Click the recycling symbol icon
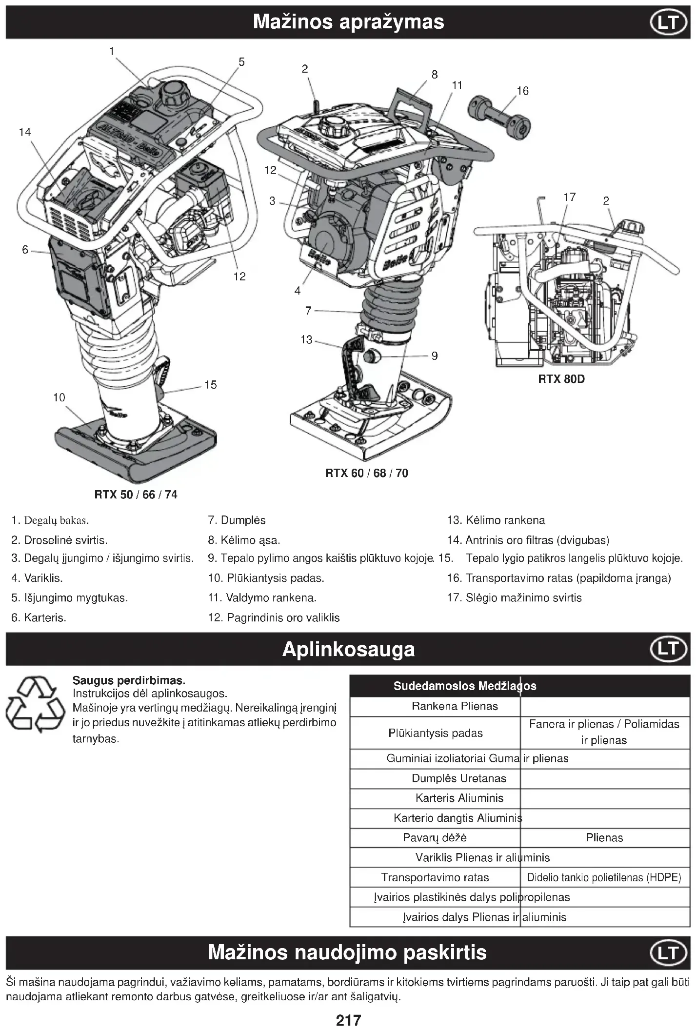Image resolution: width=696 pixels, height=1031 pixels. (35, 704)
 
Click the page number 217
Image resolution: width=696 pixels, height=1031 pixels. (348, 1020)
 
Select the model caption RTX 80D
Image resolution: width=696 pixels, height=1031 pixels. (561, 379)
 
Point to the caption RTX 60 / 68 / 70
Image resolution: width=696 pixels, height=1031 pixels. (366, 473)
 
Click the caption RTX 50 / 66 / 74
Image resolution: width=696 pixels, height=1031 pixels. (136, 495)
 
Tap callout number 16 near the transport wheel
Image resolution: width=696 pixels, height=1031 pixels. (522, 91)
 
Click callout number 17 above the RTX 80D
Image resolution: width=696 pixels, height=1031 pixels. (569, 197)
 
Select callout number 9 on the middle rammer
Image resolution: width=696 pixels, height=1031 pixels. (434, 356)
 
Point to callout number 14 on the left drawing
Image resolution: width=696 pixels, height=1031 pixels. (25, 132)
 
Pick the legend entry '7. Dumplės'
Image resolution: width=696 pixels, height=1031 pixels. (237, 520)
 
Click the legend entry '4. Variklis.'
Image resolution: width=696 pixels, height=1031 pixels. (37, 578)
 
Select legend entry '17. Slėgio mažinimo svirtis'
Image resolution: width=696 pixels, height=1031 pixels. (514, 597)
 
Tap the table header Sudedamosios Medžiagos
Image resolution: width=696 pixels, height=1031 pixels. (464, 686)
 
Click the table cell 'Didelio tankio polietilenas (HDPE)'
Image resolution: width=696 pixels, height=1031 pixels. (604, 877)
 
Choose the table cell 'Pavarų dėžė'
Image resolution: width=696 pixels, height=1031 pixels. (435, 837)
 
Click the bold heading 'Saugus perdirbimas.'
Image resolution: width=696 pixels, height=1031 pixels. (129, 680)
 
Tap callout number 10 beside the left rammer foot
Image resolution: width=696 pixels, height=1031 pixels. (59, 397)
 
